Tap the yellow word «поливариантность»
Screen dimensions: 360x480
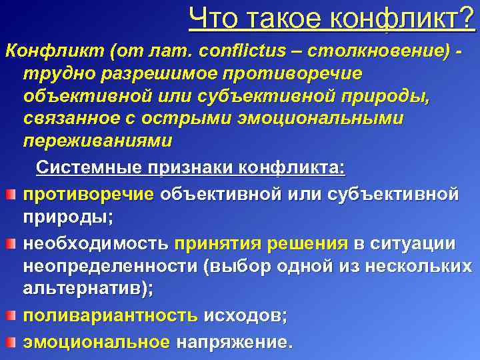[111, 317]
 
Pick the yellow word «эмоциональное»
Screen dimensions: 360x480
[97, 342]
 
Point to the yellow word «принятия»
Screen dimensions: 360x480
[217, 243]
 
